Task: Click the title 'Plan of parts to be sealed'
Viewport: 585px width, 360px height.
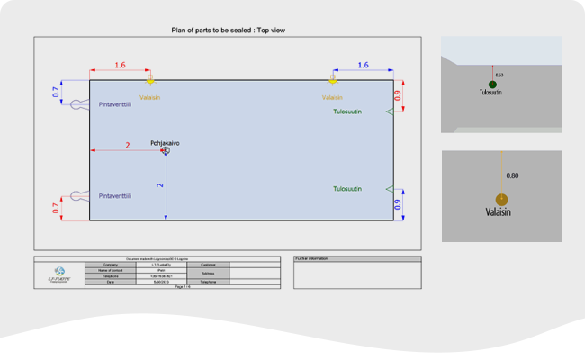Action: (229, 30)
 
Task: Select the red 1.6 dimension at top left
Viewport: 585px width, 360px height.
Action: (121, 66)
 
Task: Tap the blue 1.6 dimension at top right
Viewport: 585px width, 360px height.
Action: (363, 66)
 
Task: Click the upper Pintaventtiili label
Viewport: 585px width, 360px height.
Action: (115, 104)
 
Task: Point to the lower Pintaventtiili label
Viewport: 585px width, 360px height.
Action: (115, 195)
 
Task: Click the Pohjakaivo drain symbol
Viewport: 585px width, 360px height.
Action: (165, 151)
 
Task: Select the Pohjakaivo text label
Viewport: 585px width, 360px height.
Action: (165, 142)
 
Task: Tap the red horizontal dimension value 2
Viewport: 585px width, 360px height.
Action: (127, 146)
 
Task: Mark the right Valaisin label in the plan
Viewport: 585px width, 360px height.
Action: (332, 97)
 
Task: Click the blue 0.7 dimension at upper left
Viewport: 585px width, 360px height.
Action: (56, 92)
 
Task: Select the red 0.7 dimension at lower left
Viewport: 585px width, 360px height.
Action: (56, 210)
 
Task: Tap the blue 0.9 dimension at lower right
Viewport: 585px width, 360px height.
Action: (398, 204)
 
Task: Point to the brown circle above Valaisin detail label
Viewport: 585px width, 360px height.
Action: (501, 200)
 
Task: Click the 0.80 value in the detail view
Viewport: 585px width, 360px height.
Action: (512, 175)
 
